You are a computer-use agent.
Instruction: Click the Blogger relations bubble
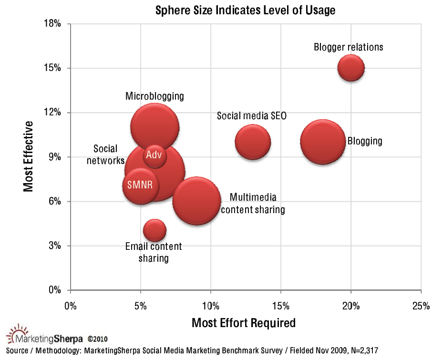pos(351,68)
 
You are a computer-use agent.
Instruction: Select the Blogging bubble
pos(323,142)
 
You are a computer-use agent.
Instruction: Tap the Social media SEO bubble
pos(252,142)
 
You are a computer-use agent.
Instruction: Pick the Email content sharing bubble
pos(154,231)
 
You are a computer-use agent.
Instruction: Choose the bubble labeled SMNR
pos(140,185)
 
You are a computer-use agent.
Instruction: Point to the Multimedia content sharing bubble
pos(196,201)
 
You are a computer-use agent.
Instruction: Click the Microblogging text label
pos(154,96)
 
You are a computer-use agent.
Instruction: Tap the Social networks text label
pos(105,154)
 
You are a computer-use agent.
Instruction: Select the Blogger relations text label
pos(348,47)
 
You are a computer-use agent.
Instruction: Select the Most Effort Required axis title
pos(243,323)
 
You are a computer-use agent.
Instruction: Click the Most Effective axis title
pos(29,156)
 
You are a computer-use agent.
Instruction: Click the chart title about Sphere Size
pos(246,10)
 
